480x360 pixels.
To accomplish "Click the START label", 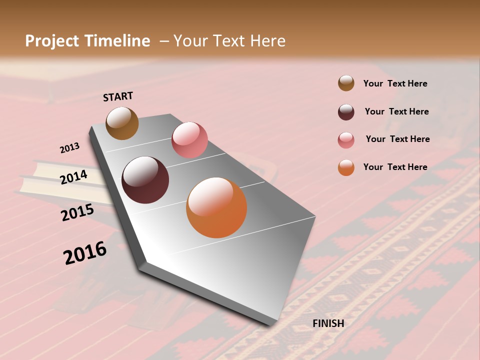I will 118,96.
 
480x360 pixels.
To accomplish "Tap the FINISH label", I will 328,323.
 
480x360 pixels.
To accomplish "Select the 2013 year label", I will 69,148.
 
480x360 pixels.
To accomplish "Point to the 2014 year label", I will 74,177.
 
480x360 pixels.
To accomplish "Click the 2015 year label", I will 77,212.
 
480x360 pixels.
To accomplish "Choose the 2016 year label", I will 85,253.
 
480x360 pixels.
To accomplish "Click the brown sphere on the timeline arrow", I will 122,123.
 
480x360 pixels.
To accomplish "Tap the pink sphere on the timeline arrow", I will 189,140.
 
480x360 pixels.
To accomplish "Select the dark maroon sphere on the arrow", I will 145,180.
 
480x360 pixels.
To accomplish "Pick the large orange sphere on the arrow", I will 216,207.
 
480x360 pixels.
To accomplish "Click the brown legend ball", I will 346,83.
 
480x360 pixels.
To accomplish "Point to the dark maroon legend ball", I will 346,112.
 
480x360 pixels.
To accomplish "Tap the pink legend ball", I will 346,140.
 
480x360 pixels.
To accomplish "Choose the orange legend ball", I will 346,167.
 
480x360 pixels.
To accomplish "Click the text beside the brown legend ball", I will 395,84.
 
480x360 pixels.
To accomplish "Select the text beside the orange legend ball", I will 395,167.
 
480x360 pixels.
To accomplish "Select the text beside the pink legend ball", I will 397,139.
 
